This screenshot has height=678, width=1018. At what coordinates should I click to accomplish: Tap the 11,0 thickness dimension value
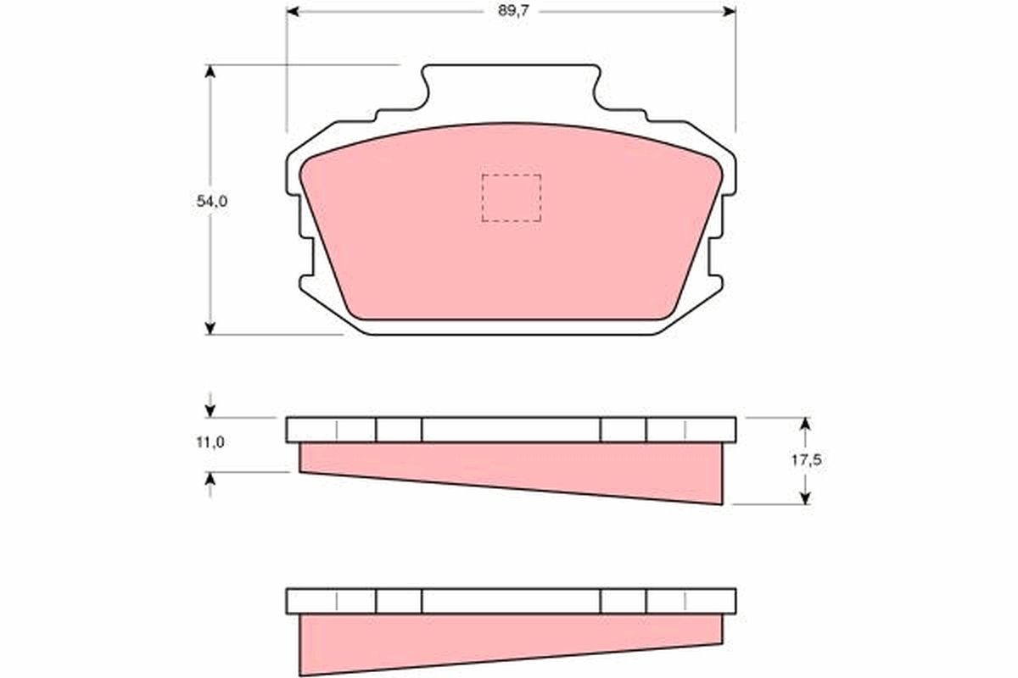coord(208,442)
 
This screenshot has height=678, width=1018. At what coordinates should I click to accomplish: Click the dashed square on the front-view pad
coord(511,197)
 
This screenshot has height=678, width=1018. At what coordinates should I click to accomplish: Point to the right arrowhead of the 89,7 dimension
coord(729,11)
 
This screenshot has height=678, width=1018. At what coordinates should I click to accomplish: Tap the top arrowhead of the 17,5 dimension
coord(805,423)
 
